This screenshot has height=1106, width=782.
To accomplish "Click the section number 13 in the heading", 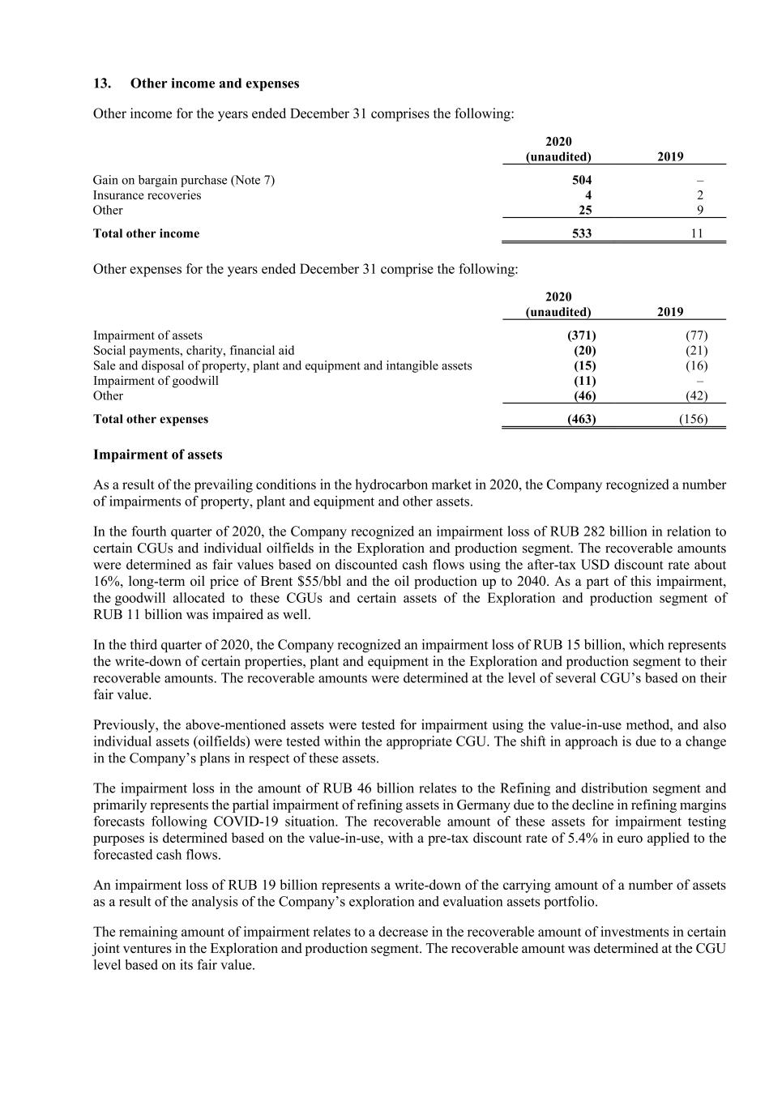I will pyautogui.click(x=101, y=83).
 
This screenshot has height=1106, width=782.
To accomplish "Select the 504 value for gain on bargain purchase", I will pyautogui.click(x=581, y=180).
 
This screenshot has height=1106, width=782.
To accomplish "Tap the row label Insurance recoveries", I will pyautogui.click(x=147, y=195).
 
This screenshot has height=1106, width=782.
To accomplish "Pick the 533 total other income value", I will pyautogui.click(x=581, y=233).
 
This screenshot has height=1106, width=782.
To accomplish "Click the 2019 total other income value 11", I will pyautogui.click(x=696, y=233).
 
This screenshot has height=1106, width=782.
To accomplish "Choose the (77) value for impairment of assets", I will pyautogui.click(x=696, y=335).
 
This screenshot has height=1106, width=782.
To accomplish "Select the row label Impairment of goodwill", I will pyautogui.click(x=156, y=381).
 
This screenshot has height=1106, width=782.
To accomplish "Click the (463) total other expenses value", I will pyautogui.click(x=580, y=419).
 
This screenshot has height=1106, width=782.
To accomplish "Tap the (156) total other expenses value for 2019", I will pyautogui.click(x=693, y=419).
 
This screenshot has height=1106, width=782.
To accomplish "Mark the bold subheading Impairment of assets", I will pyautogui.click(x=157, y=455).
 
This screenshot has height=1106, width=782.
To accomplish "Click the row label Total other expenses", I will pyautogui.click(x=151, y=419).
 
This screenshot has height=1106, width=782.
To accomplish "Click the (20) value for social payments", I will pyautogui.click(x=584, y=351).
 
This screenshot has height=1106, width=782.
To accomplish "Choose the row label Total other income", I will pyautogui.click(x=146, y=233).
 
